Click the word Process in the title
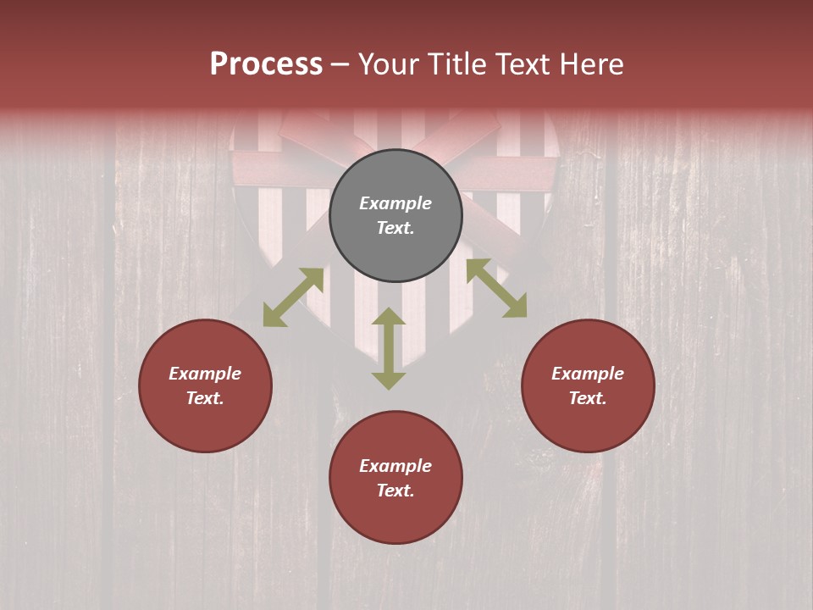tap(266, 64)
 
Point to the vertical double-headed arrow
tap(389, 348)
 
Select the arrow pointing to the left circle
tap(293, 297)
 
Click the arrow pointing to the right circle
tap(496, 288)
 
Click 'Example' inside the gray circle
tap(395, 203)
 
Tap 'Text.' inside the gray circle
tap(395, 228)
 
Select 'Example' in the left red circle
tap(205, 374)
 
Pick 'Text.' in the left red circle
tap(205, 398)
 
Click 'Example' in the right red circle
tap(588, 374)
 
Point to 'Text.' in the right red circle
tap(588, 398)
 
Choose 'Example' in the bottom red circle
tap(395, 466)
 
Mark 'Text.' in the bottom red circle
tap(395, 491)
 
